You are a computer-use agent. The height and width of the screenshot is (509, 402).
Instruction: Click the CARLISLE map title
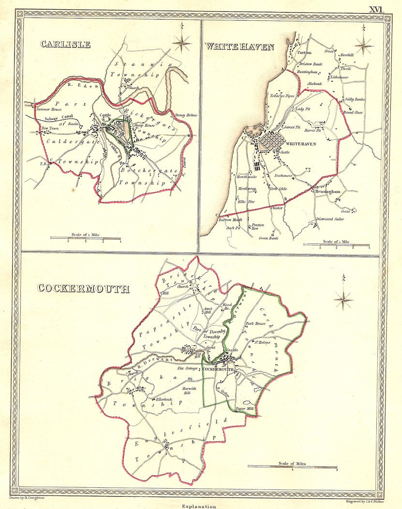pos(65,44)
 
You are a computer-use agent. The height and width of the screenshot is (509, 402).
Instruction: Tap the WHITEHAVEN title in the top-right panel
pos(239,46)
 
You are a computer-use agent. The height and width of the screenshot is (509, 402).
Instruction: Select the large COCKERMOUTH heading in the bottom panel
pos(83,289)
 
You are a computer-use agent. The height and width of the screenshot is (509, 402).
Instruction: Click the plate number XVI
pos(377,9)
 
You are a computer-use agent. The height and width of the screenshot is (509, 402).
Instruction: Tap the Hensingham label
pos(328,192)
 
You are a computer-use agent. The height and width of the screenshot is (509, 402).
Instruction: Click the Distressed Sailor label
pos(331,219)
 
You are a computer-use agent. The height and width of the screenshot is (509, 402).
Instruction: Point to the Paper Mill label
pos(244,409)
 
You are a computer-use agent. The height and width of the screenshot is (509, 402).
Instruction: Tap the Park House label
pos(256,323)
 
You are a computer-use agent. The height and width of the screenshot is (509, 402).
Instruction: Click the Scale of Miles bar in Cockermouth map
pos(292,466)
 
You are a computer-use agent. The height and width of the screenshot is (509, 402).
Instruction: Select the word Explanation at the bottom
pos(199,506)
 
